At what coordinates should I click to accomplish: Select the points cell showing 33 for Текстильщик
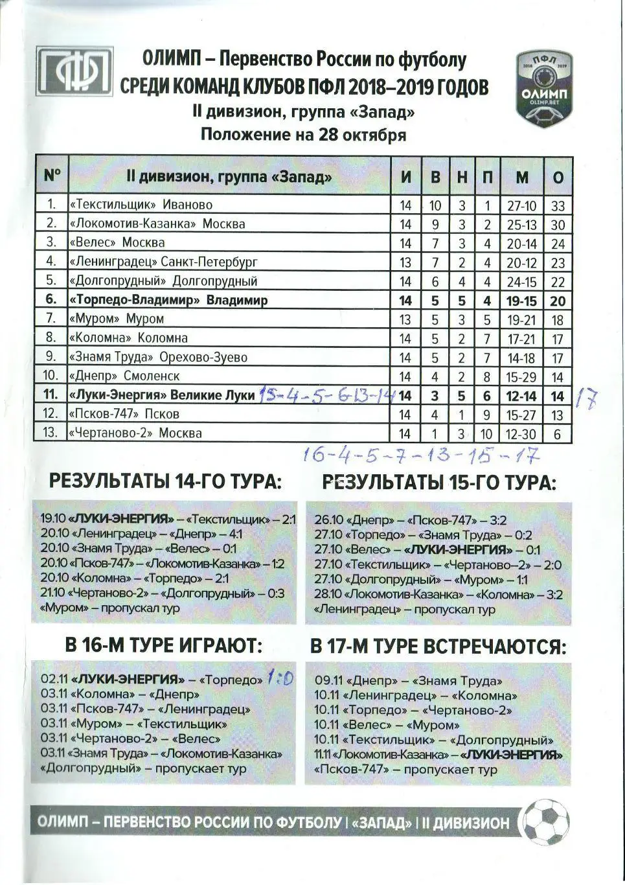coord(558,205)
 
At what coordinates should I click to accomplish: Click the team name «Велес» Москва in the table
coord(117,243)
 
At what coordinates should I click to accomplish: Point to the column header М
coord(522,177)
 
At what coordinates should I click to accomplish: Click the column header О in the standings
coord(558,177)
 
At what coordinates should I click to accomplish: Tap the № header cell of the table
coord(52,176)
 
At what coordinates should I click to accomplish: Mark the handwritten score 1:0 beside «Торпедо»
coord(280,679)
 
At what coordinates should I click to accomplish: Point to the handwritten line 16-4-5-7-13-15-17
coord(422,457)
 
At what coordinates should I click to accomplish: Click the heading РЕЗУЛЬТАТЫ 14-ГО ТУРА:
coord(165,482)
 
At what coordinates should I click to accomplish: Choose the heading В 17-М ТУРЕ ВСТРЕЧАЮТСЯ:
coord(438,647)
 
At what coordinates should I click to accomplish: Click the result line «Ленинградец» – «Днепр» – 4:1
coord(141,534)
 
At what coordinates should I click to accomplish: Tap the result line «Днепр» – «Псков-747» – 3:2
coord(411,520)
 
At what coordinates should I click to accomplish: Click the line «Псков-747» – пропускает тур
coord(405,770)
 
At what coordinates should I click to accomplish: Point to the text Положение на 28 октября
coord(303,135)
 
